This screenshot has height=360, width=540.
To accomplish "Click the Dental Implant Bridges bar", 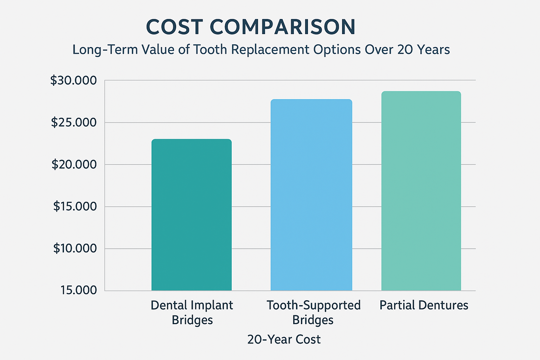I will click(x=192, y=215).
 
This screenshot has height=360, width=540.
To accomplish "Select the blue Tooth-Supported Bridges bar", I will click(x=311, y=195).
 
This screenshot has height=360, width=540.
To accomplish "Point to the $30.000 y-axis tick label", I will click(x=73, y=81).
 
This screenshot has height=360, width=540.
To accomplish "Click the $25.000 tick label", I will click(x=73, y=122).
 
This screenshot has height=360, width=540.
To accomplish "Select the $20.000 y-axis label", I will click(x=74, y=165).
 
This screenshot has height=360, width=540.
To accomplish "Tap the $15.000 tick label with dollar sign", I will click(x=75, y=206).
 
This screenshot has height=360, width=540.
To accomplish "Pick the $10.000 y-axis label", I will click(x=75, y=249).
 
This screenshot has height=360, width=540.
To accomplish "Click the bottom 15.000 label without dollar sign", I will click(x=78, y=290).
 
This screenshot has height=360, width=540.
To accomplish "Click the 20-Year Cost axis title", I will click(x=284, y=340).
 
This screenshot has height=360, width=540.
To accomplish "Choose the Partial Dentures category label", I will click(x=424, y=305).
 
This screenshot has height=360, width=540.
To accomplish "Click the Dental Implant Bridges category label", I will click(x=192, y=312).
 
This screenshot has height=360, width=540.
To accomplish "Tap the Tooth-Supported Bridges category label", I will click(x=313, y=312).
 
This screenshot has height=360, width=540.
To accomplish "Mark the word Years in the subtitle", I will click(x=433, y=50).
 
